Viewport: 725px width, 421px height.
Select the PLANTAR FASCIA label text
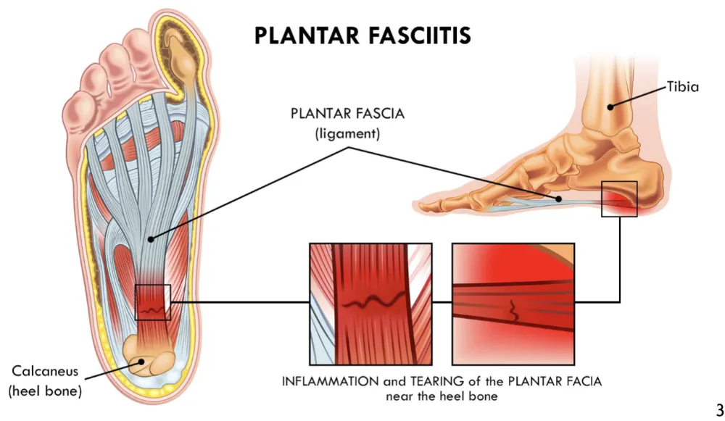[336, 114]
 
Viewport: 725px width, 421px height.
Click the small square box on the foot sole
[152, 302]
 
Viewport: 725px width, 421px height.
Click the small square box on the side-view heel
[619, 199]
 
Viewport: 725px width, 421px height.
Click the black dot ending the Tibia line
[610, 107]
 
